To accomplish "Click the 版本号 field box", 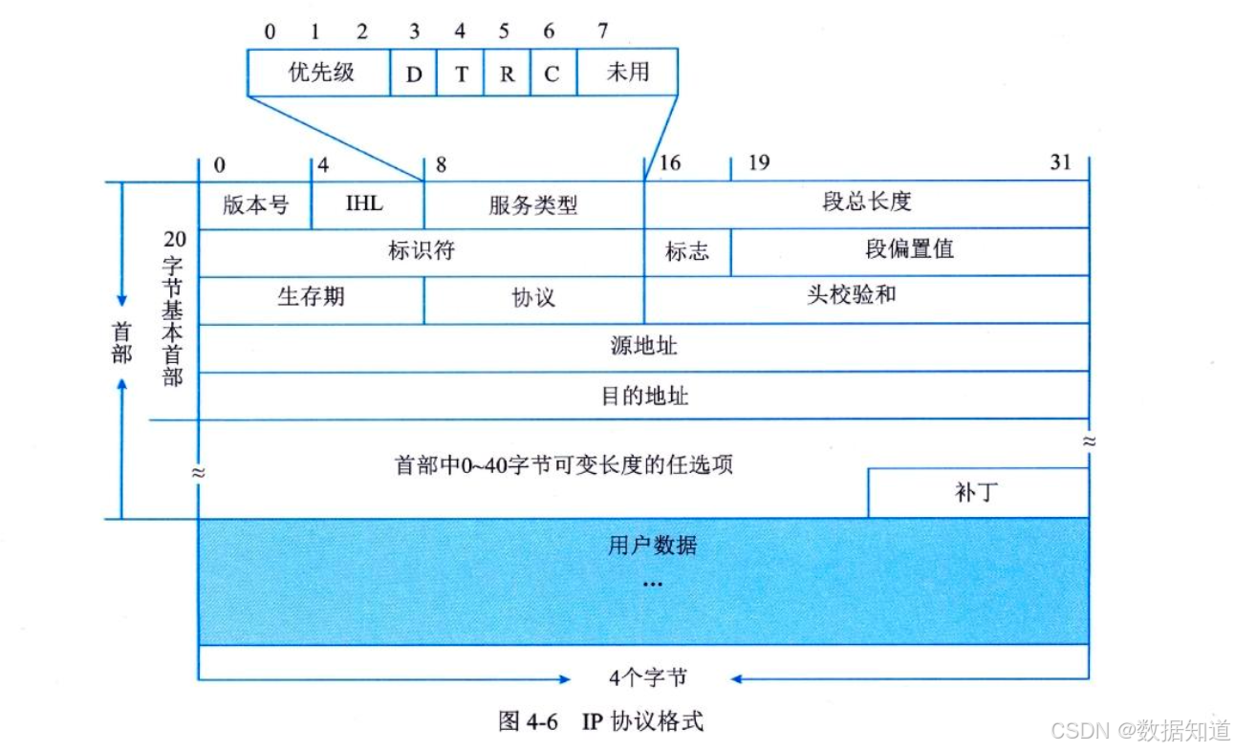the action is click(255, 204).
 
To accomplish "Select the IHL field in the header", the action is click(367, 204).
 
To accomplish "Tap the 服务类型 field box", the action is click(533, 204).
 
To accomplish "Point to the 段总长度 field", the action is click(866, 204).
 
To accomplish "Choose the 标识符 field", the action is click(421, 252).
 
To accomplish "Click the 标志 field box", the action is click(687, 252).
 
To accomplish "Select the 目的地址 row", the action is click(643, 396).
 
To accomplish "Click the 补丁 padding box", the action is click(977, 493).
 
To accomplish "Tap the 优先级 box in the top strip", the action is click(319, 73).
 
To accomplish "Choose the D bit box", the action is click(413, 73).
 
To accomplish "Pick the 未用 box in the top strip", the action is click(627, 73).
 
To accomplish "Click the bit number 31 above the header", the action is click(1061, 162).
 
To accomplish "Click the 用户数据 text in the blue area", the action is click(652, 547).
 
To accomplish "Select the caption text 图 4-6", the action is click(528, 721).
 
